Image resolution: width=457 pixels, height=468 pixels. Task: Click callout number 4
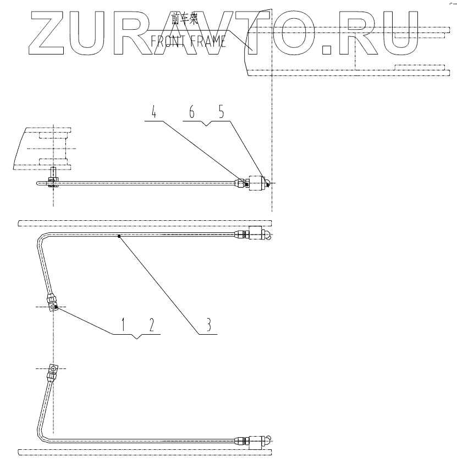coord(155,113)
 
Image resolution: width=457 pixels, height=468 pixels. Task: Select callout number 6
coord(192,112)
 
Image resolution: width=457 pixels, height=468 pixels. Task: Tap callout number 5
coord(221,112)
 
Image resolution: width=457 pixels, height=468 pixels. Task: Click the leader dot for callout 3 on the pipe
coord(119,237)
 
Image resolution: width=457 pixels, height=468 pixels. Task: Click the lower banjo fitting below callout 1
coord(53,368)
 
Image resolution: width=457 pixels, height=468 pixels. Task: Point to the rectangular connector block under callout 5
coord(256,183)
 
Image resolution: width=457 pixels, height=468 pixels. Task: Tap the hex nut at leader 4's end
coord(240,183)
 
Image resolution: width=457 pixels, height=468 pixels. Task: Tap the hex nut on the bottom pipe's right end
coord(240,440)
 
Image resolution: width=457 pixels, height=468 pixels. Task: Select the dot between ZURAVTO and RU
coord(327,48)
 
